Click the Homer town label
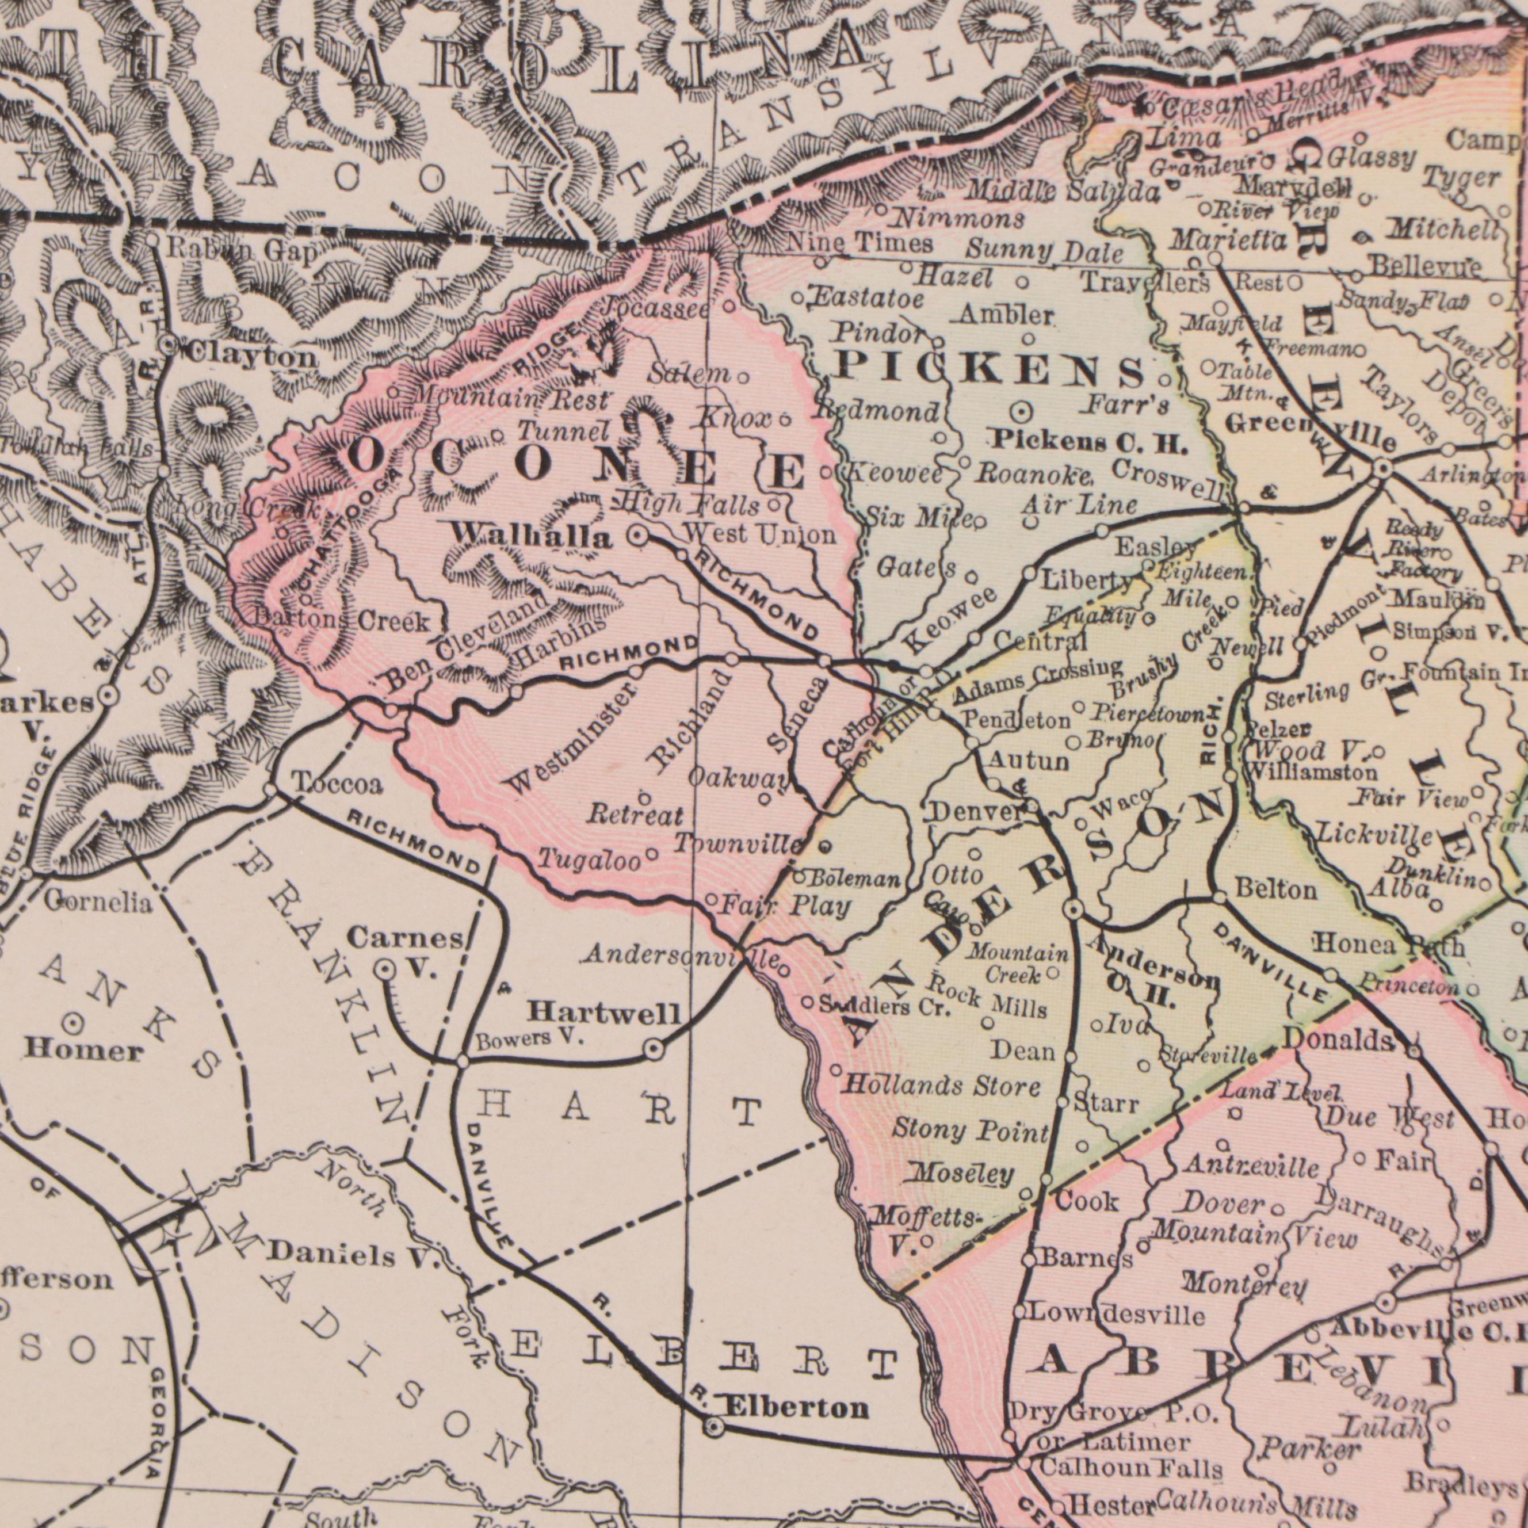(x=83, y=1051)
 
